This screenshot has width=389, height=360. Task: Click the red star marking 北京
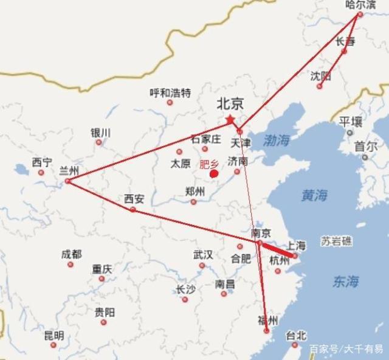230,119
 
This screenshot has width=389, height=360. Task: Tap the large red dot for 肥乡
214,174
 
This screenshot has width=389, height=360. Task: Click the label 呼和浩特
170,93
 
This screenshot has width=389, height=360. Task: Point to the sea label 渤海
277,141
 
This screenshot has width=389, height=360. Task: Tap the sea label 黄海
314,195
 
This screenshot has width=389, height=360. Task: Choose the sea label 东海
345,281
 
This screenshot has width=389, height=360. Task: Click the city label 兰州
69,171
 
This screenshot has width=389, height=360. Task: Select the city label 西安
134,199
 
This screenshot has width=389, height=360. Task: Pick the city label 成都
71,254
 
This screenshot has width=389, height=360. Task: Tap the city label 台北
297,335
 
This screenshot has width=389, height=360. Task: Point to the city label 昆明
53,335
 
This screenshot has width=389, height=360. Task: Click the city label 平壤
351,121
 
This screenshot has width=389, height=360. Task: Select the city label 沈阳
321,76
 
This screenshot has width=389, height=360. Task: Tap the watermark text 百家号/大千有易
346,349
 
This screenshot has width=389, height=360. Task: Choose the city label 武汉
203,255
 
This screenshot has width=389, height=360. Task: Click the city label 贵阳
105,312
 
